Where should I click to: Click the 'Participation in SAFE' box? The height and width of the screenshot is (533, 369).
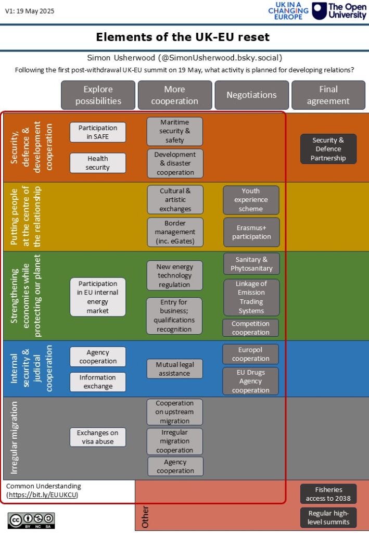pyautogui.click(x=98, y=132)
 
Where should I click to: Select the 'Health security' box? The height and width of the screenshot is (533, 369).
pyautogui.click(x=98, y=163)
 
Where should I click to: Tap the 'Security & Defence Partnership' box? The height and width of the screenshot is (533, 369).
pyautogui.click(x=328, y=149)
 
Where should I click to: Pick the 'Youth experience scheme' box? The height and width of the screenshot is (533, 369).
pyautogui.click(x=251, y=200)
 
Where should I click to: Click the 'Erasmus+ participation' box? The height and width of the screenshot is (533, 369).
pyautogui.click(x=251, y=232)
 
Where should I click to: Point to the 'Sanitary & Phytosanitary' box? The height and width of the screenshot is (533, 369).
pyautogui.click(x=251, y=264)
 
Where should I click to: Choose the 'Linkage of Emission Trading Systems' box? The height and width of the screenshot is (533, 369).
pyautogui.click(x=251, y=297)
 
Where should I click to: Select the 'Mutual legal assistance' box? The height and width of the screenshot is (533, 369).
pyautogui.click(x=175, y=369)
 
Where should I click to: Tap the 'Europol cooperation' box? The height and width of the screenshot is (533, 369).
pyautogui.click(x=251, y=354)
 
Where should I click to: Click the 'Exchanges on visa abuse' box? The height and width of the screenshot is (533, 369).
pyautogui.click(x=98, y=437)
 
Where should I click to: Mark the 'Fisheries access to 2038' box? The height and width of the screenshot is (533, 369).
pyautogui.click(x=328, y=494)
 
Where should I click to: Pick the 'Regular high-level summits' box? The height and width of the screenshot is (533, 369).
pyautogui.click(x=328, y=518)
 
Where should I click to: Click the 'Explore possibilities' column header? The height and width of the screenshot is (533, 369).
pyautogui.click(x=98, y=95)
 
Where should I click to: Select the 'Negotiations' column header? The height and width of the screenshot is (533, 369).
pyautogui.click(x=251, y=95)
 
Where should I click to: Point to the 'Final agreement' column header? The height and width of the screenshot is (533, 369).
pyautogui.click(x=328, y=95)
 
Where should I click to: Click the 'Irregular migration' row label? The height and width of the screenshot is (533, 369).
pyautogui.click(x=15, y=437)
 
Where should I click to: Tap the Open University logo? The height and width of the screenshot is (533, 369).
pyautogui.click(x=339, y=11)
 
